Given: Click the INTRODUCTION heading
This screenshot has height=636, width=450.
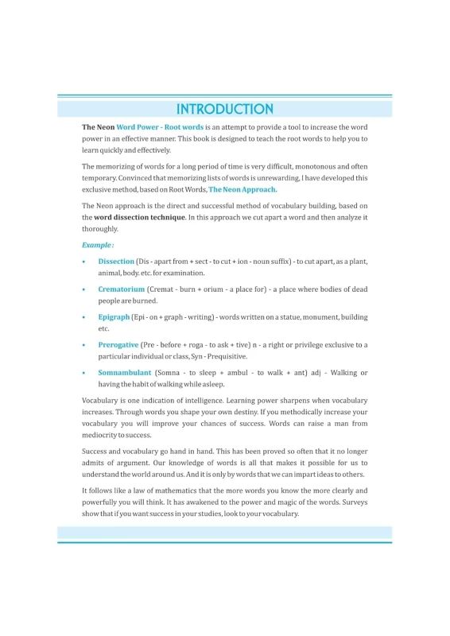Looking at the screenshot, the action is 224,109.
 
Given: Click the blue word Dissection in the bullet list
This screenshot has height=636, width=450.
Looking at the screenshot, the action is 116,262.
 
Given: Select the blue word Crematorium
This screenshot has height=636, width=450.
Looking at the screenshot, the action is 122,289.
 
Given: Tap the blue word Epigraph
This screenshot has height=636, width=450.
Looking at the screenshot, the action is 114,317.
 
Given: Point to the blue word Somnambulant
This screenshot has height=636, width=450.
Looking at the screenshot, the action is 124,373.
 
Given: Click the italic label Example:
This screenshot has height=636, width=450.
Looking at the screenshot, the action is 98,245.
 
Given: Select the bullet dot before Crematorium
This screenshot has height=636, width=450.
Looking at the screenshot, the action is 84,289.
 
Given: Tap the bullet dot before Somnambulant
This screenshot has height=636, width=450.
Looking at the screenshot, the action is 84,373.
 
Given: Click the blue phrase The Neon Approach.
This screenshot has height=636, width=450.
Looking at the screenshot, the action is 242,189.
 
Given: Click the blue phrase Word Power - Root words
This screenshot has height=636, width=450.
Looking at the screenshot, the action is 160,127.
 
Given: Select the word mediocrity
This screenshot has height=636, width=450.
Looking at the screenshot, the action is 103,435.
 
